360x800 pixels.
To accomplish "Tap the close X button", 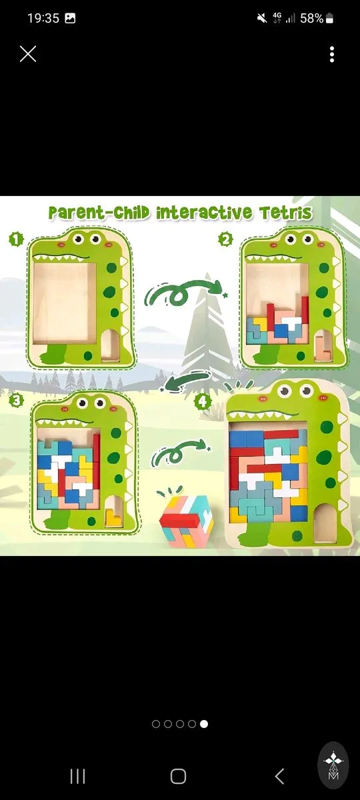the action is pyautogui.click(x=28, y=54).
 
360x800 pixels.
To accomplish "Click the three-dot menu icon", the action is pyautogui.click(x=332, y=54).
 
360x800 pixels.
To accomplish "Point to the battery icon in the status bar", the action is pyautogui.click(x=329, y=18).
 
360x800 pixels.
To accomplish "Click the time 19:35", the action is pyautogui.click(x=43, y=18).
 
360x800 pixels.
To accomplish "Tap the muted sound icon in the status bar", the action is pyautogui.click(x=262, y=18).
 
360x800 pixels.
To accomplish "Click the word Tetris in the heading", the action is pyautogui.click(x=286, y=213).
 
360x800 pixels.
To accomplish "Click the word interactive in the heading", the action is pyautogui.click(x=204, y=213).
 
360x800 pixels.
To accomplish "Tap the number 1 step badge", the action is pyautogui.click(x=16, y=239).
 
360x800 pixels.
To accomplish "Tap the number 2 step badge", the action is pyautogui.click(x=226, y=239).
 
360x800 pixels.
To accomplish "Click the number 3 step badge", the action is pyautogui.click(x=16, y=400).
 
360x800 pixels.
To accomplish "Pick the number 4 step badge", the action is pyautogui.click(x=203, y=402).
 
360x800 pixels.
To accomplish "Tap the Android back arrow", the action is pyautogui.click(x=279, y=776).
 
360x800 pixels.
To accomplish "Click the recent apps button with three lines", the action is pyautogui.click(x=77, y=776).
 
